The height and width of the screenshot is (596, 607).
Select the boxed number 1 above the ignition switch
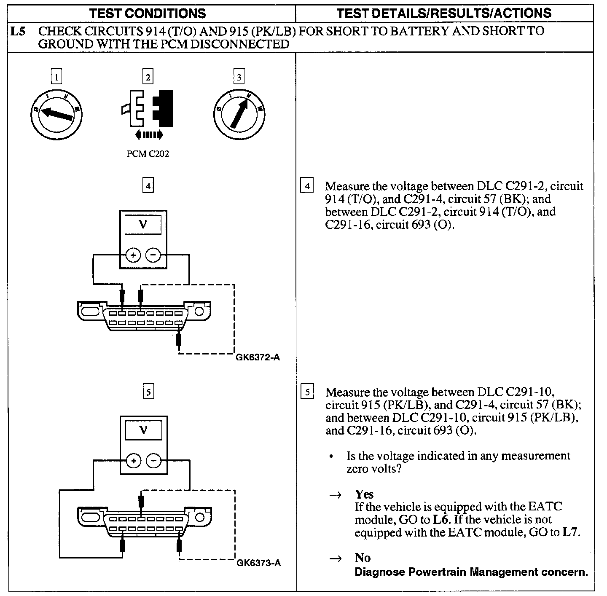(56, 77)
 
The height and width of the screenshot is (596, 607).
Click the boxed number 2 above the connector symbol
(148, 77)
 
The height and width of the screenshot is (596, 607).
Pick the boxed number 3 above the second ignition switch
(239, 77)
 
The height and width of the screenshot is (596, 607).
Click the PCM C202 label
(148, 154)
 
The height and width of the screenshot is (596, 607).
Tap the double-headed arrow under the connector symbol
(149, 135)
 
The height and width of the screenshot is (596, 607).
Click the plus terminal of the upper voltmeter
(133, 255)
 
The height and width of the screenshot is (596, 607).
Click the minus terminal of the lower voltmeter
(153, 461)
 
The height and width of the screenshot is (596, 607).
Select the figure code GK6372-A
(258, 358)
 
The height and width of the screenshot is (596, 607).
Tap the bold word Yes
(364, 494)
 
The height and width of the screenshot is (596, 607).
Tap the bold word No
(363, 558)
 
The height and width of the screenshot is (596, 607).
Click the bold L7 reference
(571, 532)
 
